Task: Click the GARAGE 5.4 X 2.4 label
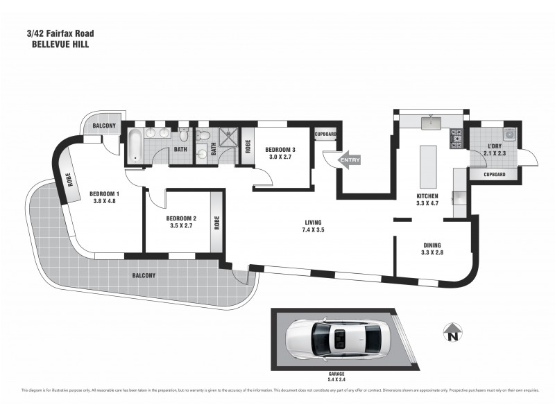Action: pyautogui.click(x=336, y=377)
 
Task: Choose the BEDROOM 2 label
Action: pyautogui.click(x=182, y=222)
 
